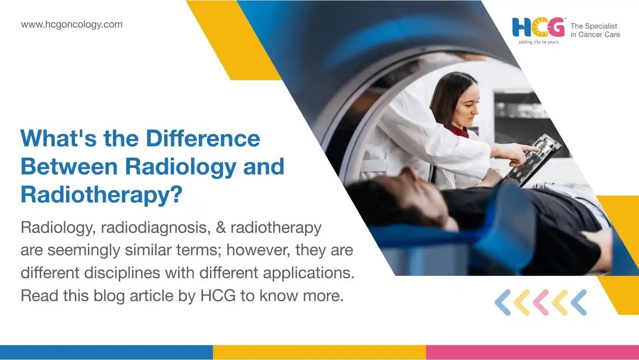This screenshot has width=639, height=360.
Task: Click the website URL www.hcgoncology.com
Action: tap(72, 25)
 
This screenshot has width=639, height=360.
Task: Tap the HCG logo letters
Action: tap(538, 28)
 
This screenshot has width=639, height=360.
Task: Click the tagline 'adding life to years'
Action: tap(538, 42)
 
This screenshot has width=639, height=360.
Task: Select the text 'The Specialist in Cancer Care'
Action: tap(595, 30)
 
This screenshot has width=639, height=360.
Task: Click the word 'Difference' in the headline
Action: tap(203, 138)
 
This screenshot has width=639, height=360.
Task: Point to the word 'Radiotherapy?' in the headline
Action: tap(101, 195)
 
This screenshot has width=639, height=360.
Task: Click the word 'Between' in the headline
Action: tap(69, 166)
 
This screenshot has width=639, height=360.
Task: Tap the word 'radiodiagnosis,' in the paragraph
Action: tap(156, 228)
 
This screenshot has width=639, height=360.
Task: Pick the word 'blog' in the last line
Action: tap(109, 295)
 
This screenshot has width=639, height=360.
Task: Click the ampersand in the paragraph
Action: tap(221, 228)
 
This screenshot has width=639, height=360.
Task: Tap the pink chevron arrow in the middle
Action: tap(541, 302)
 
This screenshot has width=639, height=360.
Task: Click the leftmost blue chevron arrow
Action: tap(503, 302)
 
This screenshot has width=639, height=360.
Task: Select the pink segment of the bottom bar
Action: tap(533, 353)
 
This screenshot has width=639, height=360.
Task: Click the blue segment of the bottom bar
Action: tap(106, 353)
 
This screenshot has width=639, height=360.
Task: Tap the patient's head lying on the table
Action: tap(399, 200)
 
